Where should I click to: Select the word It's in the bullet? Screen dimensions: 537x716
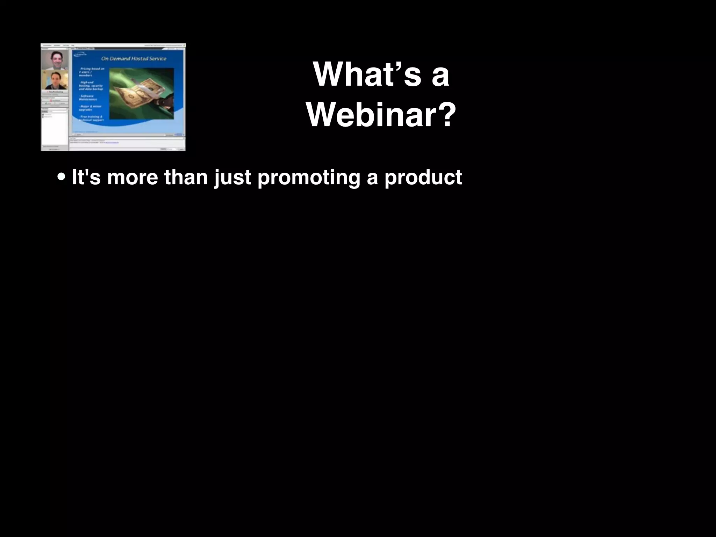click(86, 177)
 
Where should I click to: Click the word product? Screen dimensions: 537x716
click(423, 177)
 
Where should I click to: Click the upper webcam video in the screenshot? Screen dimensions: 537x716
click(55, 60)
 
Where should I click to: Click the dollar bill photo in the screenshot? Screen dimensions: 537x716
click(141, 94)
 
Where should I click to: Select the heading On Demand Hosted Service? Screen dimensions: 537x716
click(134, 59)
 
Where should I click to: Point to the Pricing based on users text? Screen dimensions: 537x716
click(92, 72)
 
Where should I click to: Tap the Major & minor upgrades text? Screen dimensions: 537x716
click(90, 108)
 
